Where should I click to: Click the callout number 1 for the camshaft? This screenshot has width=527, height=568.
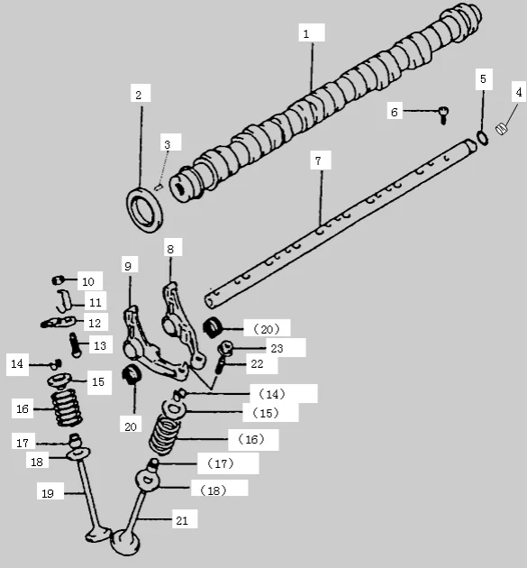[306, 33]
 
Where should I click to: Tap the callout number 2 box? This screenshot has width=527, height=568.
[138, 94]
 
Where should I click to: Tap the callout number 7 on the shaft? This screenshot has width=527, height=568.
[317, 160]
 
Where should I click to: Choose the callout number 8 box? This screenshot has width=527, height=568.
[169, 247]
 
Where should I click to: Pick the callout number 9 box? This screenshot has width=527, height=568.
[128, 266]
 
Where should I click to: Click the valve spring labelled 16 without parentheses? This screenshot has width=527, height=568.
[64, 409]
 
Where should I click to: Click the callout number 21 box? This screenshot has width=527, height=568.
[182, 519]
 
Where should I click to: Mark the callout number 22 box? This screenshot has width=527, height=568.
[257, 363]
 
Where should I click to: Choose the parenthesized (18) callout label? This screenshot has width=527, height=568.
[214, 489]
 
